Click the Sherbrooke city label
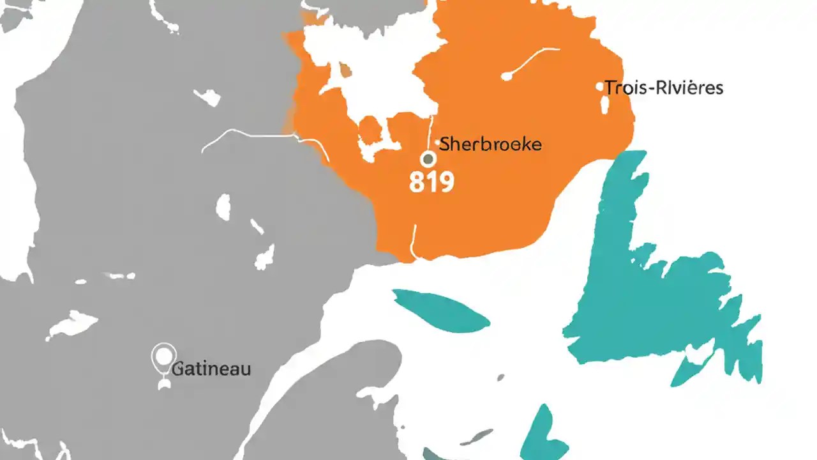(491, 144)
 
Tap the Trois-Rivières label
(664, 88)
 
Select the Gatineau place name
(211, 369)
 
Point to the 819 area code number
(431, 182)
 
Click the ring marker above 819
(428, 158)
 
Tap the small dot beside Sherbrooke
(438, 142)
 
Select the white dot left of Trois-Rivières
(599, 86)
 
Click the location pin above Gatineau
(164, 356)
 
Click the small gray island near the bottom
(477, 437)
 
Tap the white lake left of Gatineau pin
(71, 324)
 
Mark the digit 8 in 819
(416, 182)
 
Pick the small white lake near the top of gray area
(208, 97)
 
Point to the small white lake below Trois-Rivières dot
(604, 105)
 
